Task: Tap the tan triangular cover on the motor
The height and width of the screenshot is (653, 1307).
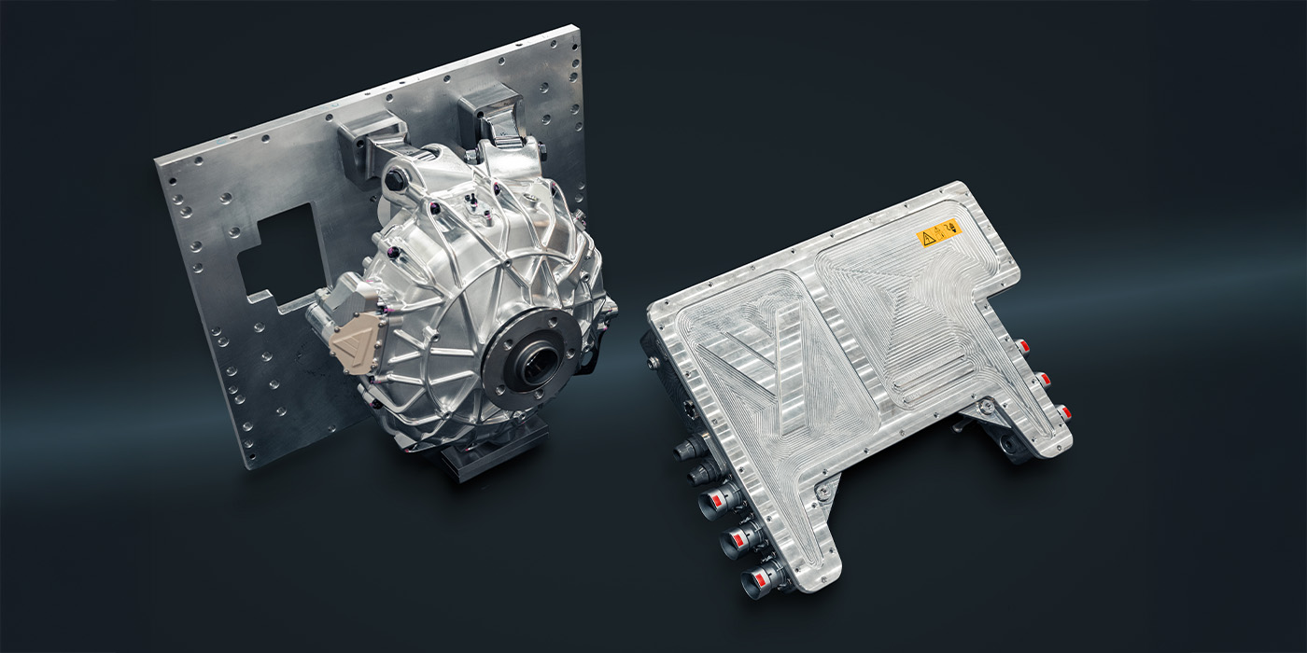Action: click(x=353, y=343)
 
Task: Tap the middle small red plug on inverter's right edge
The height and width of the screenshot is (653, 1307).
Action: click(x=1042, y=379)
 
